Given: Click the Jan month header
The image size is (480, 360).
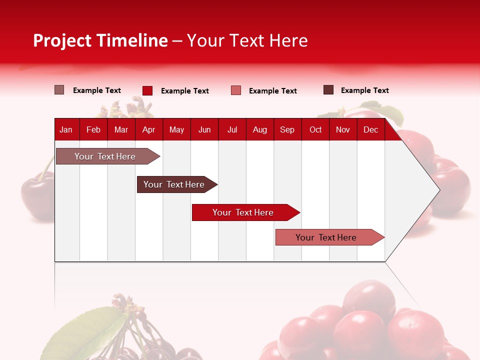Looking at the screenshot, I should point(66,129).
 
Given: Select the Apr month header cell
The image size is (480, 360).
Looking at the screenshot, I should point(149,129).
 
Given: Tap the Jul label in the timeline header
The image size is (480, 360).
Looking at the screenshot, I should point(232,129).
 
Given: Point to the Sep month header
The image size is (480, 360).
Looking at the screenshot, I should point(287,129).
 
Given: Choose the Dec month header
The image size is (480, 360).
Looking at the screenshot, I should point(370,129).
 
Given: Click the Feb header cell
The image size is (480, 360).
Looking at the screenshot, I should point(93,129).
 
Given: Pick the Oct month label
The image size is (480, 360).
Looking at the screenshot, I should point(315,129).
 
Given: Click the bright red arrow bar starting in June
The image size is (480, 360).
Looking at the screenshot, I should point(243,212).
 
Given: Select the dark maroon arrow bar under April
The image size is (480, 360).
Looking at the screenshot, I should point(174,184).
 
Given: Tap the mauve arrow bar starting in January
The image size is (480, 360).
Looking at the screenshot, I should point(105,156).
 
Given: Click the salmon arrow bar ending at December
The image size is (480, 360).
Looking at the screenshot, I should point(326,237).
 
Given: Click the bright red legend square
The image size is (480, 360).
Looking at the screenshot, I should point(147,90).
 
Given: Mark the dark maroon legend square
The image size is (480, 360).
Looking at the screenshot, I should point(328,90).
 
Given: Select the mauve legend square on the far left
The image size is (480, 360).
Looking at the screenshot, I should point(59,90).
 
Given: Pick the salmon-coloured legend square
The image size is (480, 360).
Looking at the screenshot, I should point(236,90).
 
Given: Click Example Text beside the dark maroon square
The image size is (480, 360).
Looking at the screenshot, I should point(364,90).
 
